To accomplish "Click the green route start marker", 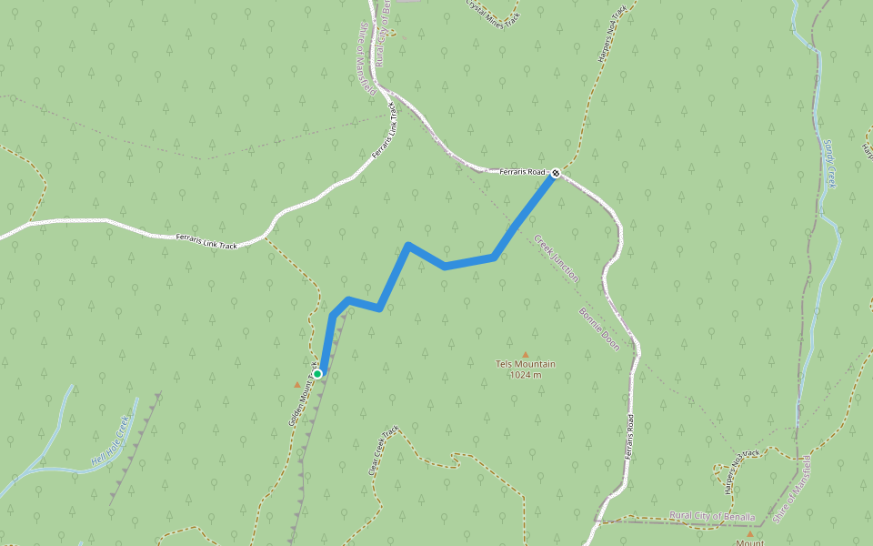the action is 317,373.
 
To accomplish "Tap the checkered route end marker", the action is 555,172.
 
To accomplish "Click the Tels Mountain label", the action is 525,364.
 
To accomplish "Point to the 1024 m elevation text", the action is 525,374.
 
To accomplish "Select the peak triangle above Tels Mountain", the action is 525,354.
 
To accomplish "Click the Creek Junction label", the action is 557,258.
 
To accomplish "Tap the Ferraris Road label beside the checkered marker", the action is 520,171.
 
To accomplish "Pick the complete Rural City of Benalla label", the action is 712,516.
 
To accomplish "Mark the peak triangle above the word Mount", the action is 750,534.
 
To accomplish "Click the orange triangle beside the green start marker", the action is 296,384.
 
